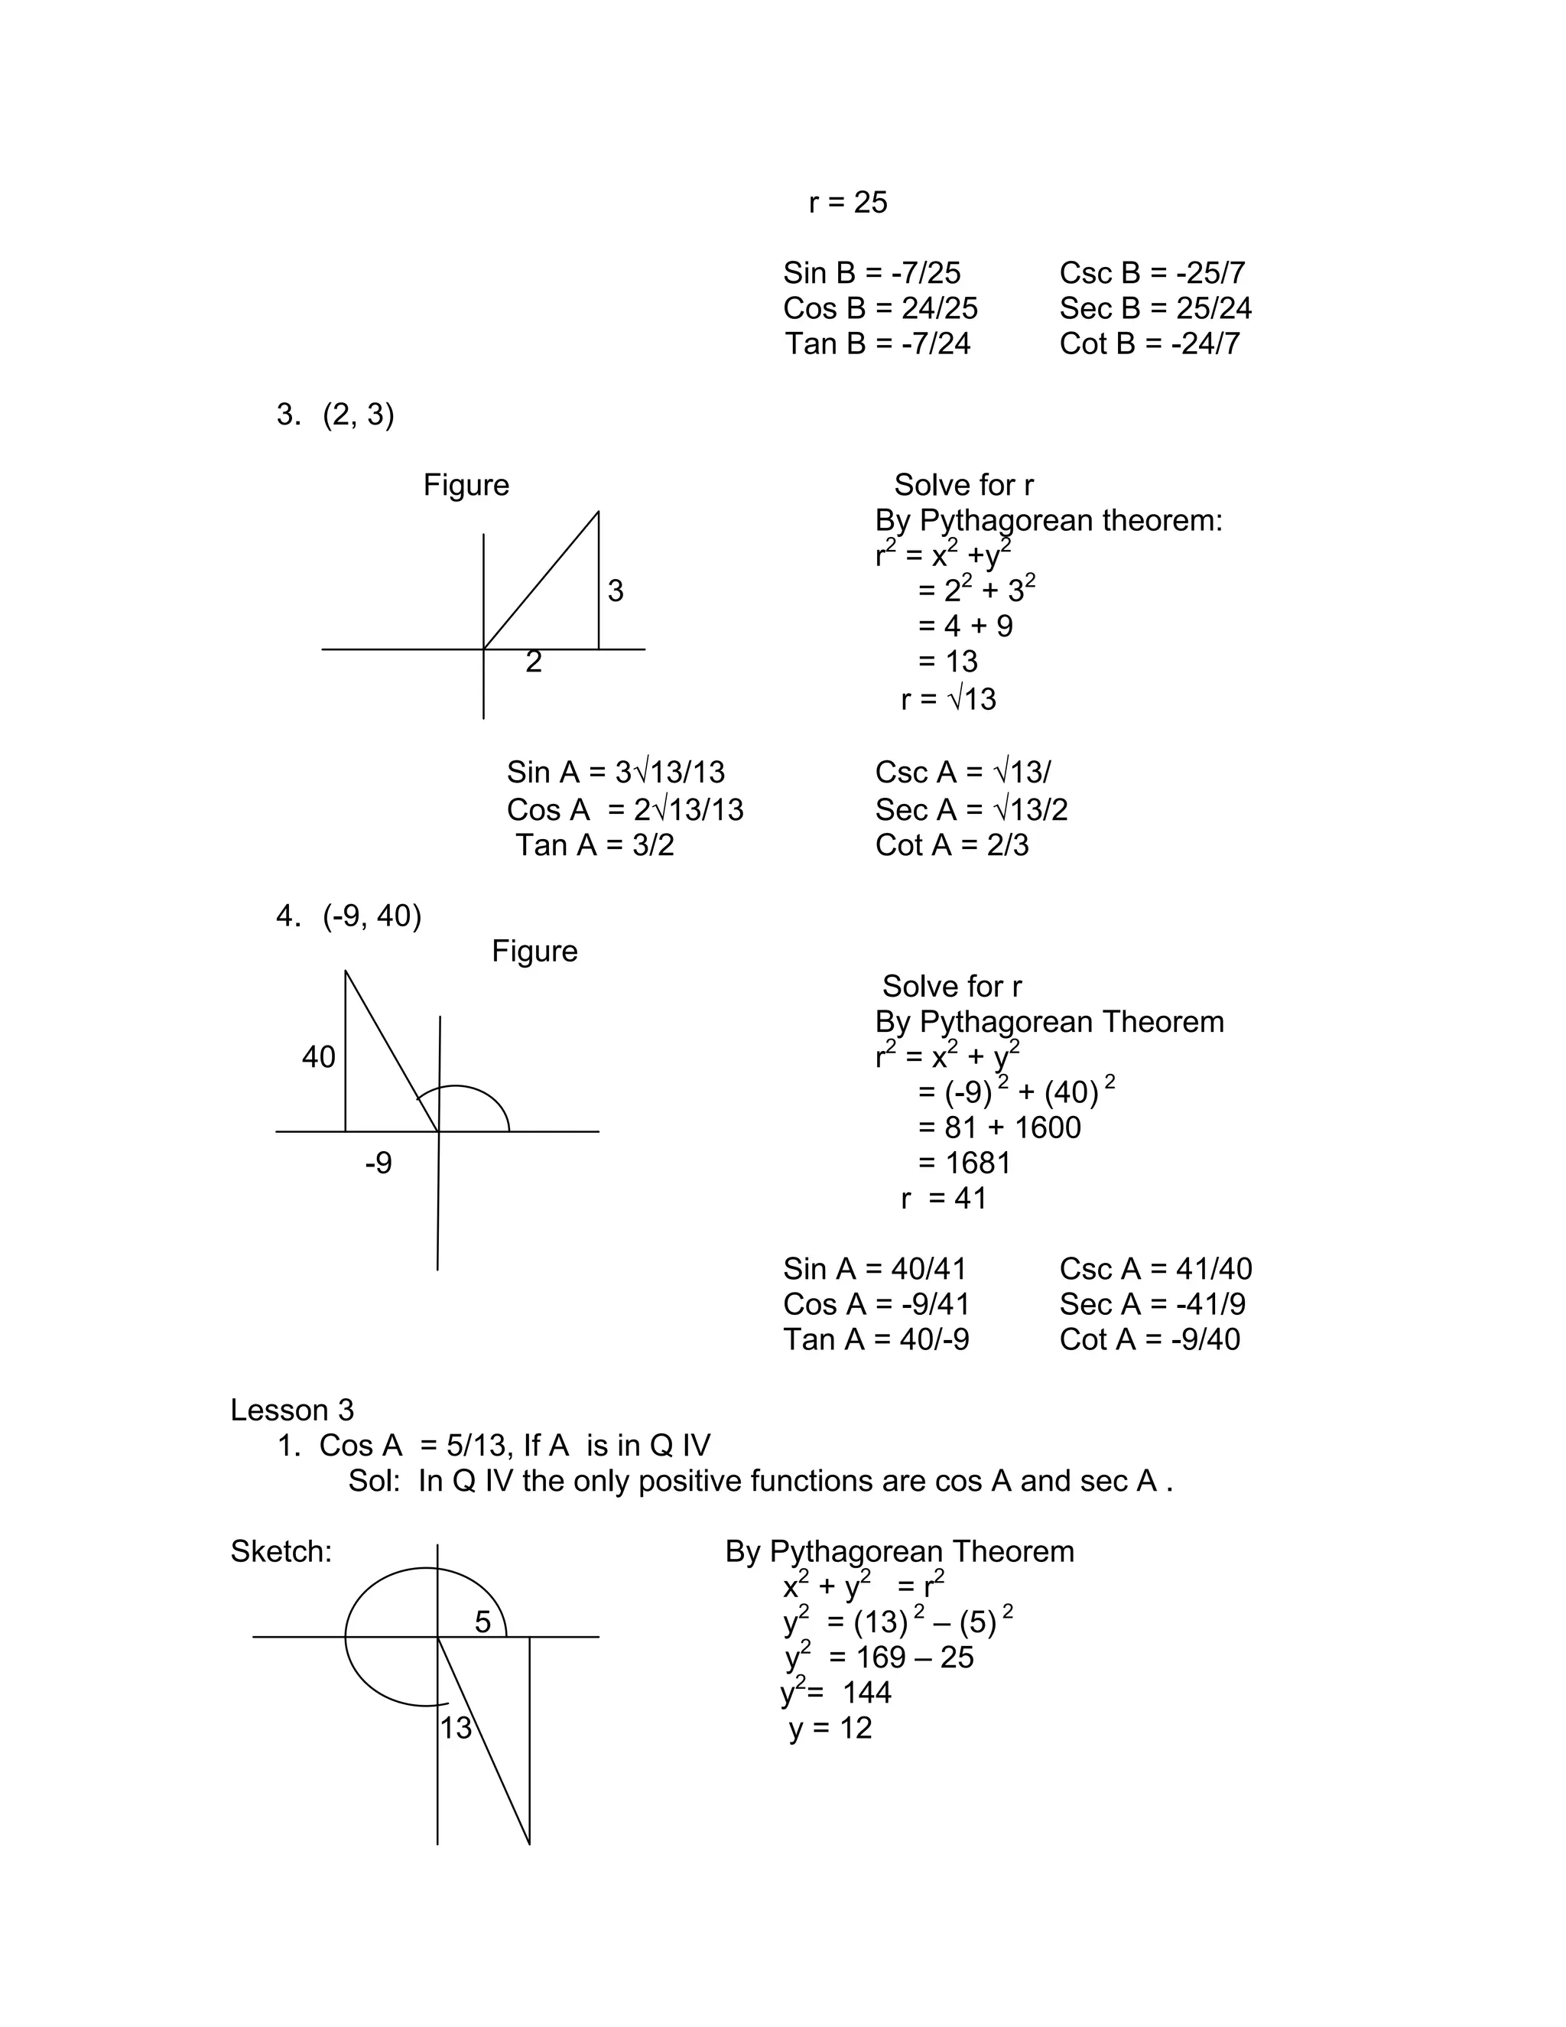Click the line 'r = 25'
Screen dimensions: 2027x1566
tap(848, 203)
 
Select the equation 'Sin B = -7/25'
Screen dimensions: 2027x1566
tap(871, 273)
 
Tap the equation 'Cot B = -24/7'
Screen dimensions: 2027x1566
tap(1149, 344)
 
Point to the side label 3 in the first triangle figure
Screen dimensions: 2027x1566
tap(615, 591)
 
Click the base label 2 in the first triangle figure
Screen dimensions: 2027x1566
tap(534, 662)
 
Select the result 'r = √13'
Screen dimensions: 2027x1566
tap(947, 699)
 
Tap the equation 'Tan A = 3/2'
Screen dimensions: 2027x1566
tap(595, 845)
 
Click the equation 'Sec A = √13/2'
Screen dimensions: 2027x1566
tap(970, 810)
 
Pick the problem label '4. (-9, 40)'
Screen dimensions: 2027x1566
tap(349, 916)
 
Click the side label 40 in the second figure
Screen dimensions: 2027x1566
tap(318, 1057)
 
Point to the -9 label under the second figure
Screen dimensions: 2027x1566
tap(379, 1162)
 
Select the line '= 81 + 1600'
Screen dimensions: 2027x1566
tap(999, 1127)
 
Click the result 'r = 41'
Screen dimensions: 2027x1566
tap(944, 1198)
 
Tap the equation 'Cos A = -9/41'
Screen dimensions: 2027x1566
tap(876, 1304)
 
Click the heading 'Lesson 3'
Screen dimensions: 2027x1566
tap(292, 1410)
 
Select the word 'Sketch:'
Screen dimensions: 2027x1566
tap(281, 1551)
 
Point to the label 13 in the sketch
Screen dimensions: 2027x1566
tap(456, 1727)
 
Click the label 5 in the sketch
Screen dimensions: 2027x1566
tap(482, 1622)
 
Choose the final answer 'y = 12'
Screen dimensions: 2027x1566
tap(830, 1727)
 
